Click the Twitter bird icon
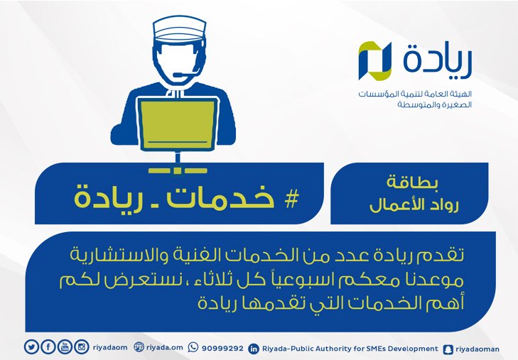pyautogui.click(x=31, y=347)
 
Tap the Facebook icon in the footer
pyautogui.click(x=48, y=347)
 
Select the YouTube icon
pyautogui.click(x=65, y=347)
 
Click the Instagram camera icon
pyautogui.click(x=82, y=347)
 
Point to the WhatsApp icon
pyautogui.click(x=193, y=347)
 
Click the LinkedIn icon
pyautogui.click(x=254, y=349)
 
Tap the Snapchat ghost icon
pyautogui.click(x=448, y=349)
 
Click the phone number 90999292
pyautogui.click(x=222, y=349)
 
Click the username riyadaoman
pyautogui.click(x=477, y=349)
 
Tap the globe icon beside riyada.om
pyautogui.click(x=139, y=347)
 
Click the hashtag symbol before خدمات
pyautogui.click(x=291, y=200)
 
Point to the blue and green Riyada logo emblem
pyautogui.click(x=374, y=61)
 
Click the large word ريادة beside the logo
pyautogui.click(x=438, y=60)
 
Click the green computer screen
pyautogui.click(x=178, y=124)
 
